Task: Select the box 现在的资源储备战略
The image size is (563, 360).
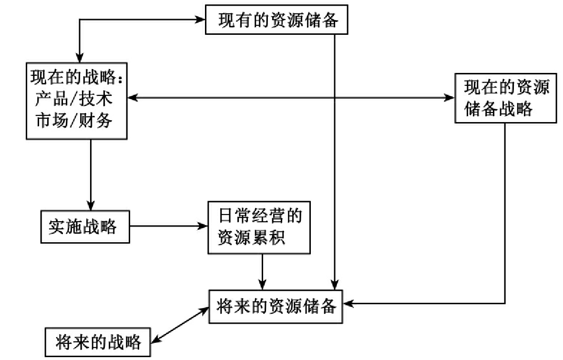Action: [506, 98]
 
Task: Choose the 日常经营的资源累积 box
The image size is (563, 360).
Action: [259, 227]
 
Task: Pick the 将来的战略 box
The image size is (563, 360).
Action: [98, 342]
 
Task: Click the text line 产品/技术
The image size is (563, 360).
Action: [73, 99]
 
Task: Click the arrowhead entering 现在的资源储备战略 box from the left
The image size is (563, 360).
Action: [450, 98]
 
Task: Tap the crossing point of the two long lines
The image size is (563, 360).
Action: [335, 98]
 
